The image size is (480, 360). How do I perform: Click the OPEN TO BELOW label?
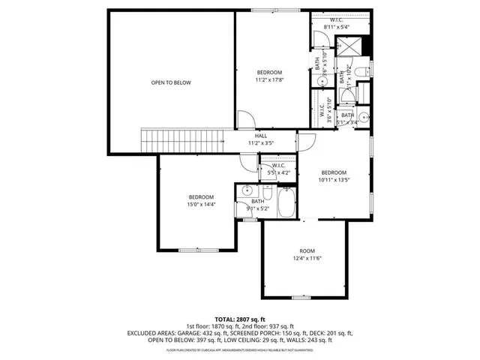click(171, 82)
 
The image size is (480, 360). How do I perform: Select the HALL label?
click(260, 136)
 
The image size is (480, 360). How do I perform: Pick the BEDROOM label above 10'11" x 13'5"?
click(334, 172)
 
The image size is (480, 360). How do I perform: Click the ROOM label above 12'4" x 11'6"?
click(307, 251)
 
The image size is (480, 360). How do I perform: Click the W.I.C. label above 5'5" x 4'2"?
click(278, 166)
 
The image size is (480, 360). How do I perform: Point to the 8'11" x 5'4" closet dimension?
click(337, 26)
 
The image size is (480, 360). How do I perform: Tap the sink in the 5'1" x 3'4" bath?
click(362, 117)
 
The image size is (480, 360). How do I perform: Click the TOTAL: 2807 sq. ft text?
click(240, 319)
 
